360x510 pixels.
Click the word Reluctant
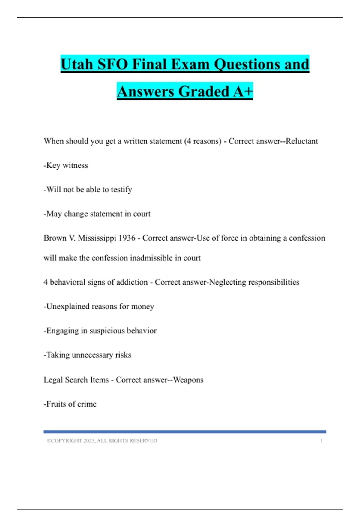tap(301, 141)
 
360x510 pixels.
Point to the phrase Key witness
tap(67, 165)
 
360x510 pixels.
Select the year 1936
tap(127, 238)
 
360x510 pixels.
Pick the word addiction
tap(132, 282)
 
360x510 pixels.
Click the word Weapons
tap(188, 379)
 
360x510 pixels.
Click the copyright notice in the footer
tap(102, 440)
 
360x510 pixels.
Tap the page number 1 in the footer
tap(321, 440)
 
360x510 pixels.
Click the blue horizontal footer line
tap(185, 432)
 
